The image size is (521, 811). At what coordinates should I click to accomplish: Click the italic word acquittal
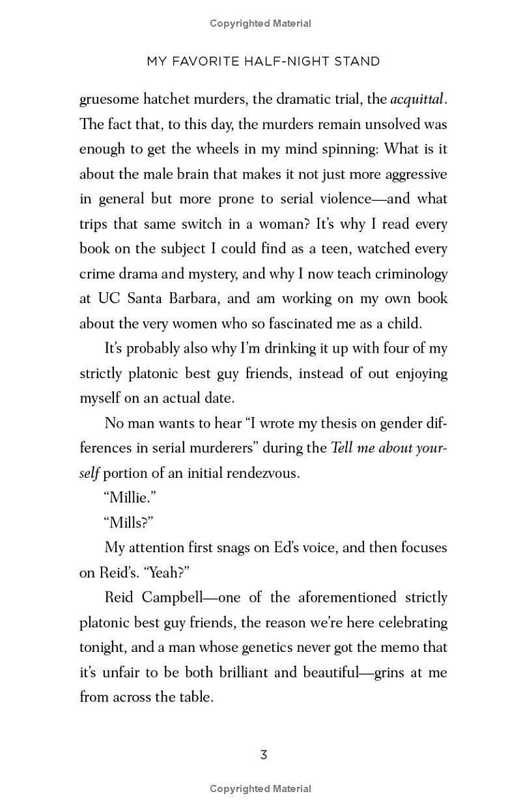coord(417,100)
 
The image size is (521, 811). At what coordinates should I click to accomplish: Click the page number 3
coord(264,755)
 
